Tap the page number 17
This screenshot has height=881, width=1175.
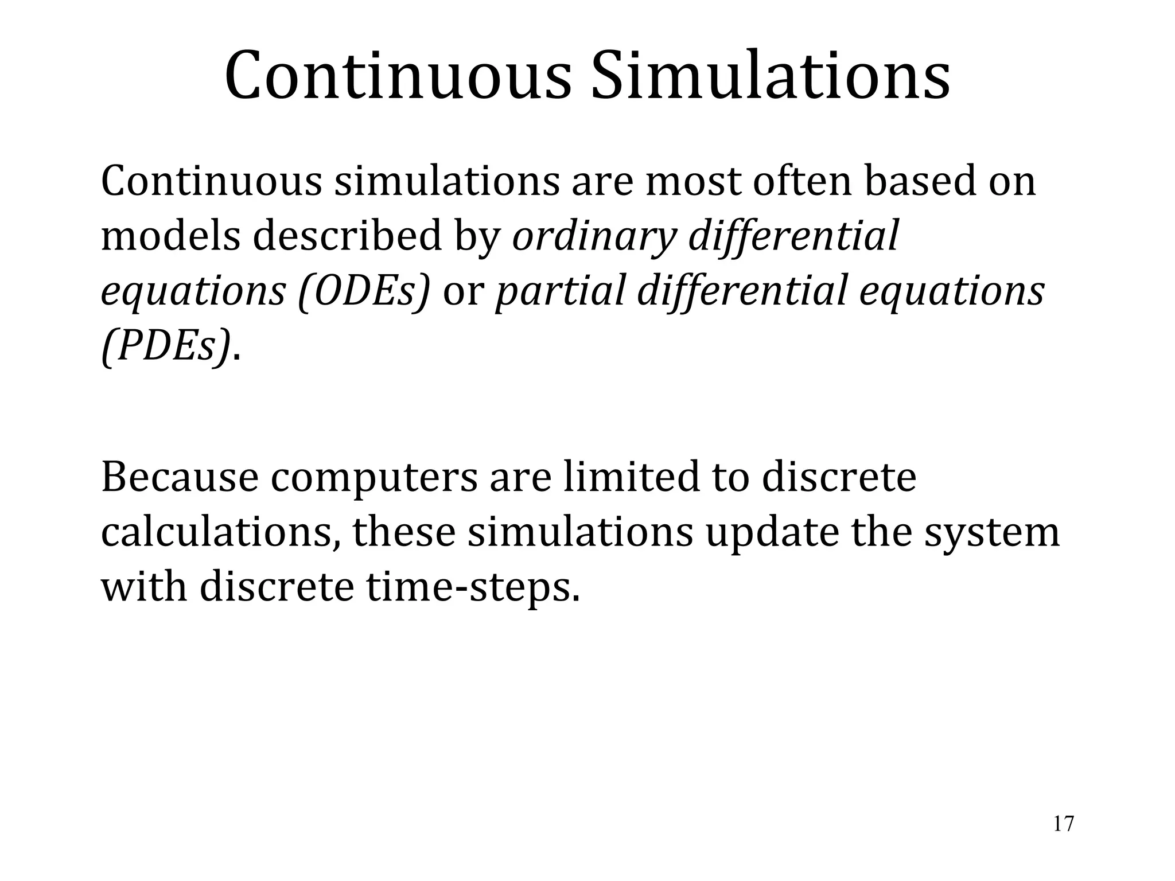(x=1063, y=824)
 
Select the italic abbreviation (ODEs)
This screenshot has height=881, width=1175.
(x=364, y=291)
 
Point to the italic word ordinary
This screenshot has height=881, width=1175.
(x=593, y=236)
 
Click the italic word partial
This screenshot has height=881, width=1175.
(x=559, y=291)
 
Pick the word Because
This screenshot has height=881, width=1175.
(x=180, y=478)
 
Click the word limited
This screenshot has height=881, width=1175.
(x=631, y=478)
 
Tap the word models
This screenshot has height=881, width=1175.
(x=170, y=236)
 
